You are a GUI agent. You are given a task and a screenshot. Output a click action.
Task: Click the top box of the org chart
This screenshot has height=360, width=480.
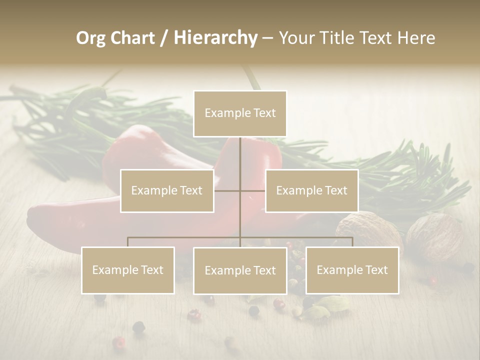tap(240, 113)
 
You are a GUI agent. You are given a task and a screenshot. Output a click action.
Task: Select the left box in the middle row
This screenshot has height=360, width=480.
tap(167, 190)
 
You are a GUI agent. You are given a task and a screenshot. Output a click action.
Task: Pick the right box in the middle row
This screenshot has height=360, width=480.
tap(311, 190)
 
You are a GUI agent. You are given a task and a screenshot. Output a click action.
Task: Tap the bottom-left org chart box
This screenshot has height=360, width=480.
tap(128, 270)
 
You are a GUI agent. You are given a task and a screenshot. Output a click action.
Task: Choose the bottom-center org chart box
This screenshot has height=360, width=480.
tap(240, 270)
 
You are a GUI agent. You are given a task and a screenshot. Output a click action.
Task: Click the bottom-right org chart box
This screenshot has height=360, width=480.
tap(352, 270)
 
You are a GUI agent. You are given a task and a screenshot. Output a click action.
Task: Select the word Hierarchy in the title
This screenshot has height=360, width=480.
tap(215, 38)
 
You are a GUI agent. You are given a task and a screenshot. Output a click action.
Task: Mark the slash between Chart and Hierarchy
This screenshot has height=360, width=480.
tap(164, 38)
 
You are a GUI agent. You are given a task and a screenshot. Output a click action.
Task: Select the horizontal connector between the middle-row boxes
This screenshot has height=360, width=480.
tap(239, 190)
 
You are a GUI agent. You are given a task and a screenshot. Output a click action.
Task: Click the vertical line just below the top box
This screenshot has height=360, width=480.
tap(240, 150)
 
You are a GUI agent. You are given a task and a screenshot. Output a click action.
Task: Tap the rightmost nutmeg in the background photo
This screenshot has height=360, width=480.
tap(434, 237)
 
